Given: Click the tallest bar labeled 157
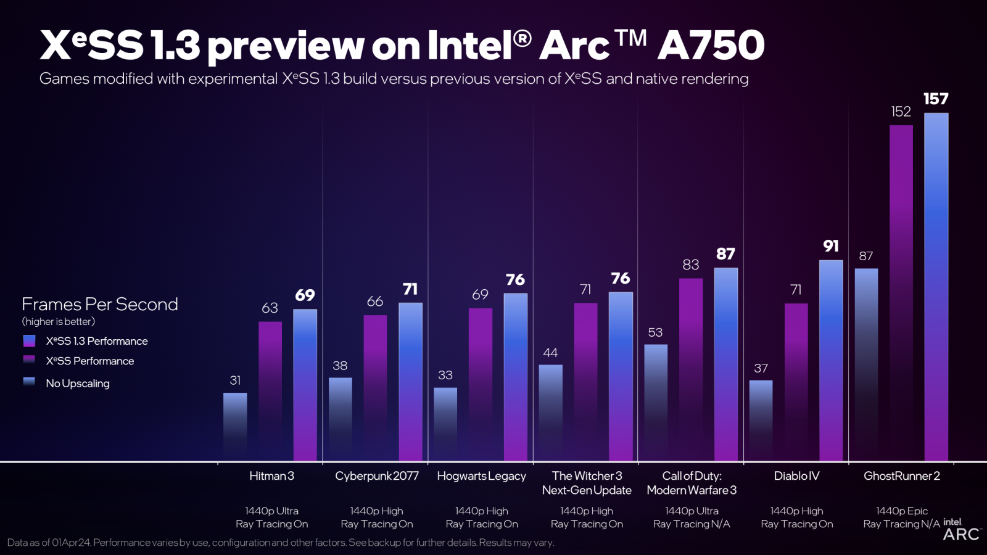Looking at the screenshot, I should click(x=936, y=287).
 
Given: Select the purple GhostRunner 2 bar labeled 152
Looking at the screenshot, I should click(x=901, y=293).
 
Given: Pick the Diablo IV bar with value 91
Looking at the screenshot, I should click(x=831, y=361).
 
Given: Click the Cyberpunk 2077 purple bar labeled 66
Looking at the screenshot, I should click(x=375, y=388).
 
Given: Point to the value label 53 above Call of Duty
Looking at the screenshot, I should click(x=655, y=332).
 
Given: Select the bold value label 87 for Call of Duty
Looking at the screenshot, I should click(x=725, y=254).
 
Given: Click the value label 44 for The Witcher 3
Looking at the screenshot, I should click(x=550, y=353).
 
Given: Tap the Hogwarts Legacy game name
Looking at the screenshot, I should click(x=481, y=476).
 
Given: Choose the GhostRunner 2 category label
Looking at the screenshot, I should click(x=901, y=476).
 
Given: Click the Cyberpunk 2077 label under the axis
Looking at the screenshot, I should click(x=376, y=476).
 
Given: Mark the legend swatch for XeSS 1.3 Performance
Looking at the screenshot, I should click(x=29, y=341).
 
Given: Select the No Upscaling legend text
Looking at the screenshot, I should click(x=78, y=384).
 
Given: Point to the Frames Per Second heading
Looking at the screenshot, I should click(x=100, y=304).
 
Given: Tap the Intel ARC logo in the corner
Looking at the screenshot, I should click(x=961, y=530).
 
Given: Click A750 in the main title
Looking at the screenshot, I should click(x=711, y=46).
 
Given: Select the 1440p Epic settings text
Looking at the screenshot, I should click(x=901, y=511).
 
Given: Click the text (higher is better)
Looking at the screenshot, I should click(x=59, y=321).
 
